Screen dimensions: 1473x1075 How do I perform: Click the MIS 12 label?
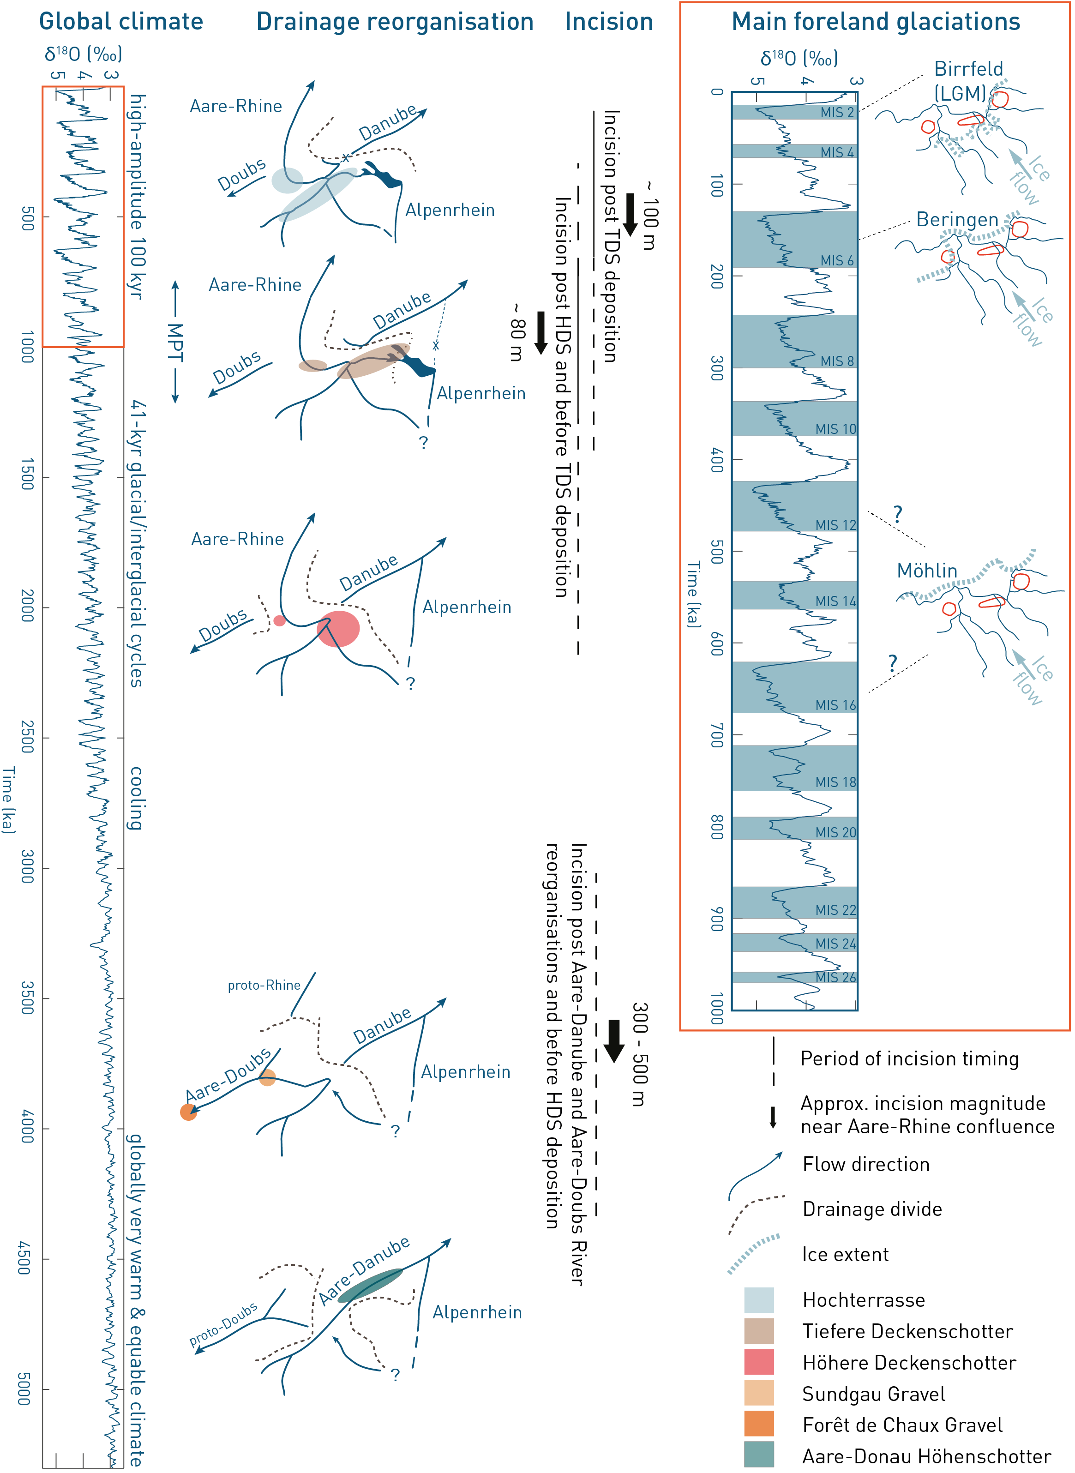[x=835, y=524]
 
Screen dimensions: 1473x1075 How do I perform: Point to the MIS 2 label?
[x=836, y=113]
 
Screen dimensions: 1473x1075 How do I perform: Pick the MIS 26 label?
[x=835, y=977]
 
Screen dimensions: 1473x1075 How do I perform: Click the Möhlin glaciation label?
[x=927, y=571]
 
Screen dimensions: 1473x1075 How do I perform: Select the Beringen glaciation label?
[x=956, y=220]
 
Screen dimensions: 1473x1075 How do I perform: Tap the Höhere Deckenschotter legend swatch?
[x=759, y=1362]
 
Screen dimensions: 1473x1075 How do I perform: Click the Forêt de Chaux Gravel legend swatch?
[x=759, y=1424]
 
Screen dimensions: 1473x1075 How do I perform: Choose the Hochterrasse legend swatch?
[x=759, y=1299]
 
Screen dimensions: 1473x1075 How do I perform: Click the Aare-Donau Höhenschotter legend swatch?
[x=759, y=1455]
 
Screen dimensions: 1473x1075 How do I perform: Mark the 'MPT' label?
[x=175, y=342]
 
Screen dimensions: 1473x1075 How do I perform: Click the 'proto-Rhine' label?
[x=264, y=985]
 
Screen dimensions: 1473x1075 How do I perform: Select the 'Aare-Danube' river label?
[x=364, y=1271]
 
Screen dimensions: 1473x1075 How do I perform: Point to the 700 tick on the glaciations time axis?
[x=716, y=735]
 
